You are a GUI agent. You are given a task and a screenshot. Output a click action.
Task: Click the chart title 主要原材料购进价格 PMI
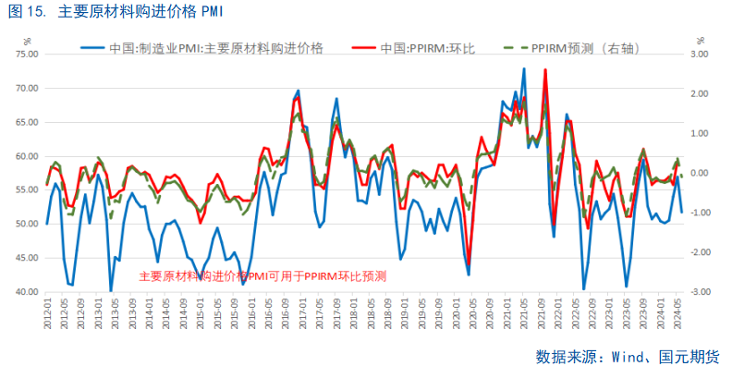[x=139, y=12]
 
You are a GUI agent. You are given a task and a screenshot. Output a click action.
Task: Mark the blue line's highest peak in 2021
[x=524, y=68]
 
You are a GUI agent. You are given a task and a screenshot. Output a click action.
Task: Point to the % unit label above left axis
[x=27, y=39]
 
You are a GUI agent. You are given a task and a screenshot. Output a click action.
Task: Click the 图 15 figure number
[x=22, y=12]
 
